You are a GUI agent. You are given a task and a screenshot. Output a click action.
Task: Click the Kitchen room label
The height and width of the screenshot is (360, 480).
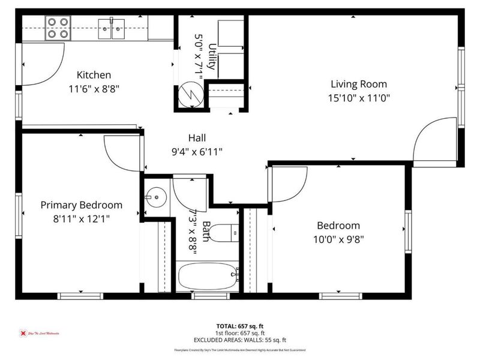pyautogui.click(x=94, y=75)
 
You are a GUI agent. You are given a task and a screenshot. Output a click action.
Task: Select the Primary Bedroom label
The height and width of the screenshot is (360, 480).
pyautogui.click(x=81, y=205)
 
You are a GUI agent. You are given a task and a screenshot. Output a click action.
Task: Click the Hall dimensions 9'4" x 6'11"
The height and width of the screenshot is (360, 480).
pyautogui.click(x=197, y=152)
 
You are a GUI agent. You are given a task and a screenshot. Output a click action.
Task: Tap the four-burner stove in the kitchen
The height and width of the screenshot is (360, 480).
pyautogui.click(x=57, y=28)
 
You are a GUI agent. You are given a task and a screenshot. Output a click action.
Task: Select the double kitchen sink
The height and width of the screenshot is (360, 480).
pyautogui.click(x=112, y=27)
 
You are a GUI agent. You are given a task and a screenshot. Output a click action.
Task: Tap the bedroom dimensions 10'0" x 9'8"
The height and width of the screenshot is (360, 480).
pyautogui.click(x=339, y=239)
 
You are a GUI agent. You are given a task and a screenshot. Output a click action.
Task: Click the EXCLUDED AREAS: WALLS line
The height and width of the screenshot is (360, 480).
pyautogui.click(x=240, y=339)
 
